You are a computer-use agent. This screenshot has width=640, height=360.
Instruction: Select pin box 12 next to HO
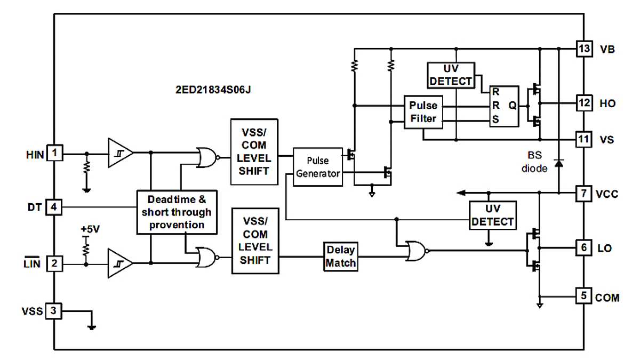pyautogui.click(x=585, y=102)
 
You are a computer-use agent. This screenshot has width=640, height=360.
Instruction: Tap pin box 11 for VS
pyautogui.click(x=585, y=140)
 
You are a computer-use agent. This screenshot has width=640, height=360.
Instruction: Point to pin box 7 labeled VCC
pyautogui.click(x=585, y=194)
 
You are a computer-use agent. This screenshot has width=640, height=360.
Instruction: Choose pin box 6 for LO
pyautogui.click(x=585, y=248)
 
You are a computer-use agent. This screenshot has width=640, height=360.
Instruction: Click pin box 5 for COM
pyautogui.click(x=585, y=296)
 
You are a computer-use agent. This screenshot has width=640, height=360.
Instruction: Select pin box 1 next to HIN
pyautogui.click(x=54, y=154)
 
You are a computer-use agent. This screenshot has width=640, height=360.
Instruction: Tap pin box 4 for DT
pyautogui.click(x=54, y=206)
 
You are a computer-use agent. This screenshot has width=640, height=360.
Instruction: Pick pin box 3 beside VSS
pyautogui.click(x=54, y=310)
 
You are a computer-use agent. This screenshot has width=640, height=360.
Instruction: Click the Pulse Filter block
pyautogui.click(x=423, y=113)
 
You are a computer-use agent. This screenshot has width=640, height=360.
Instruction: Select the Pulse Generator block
pyautogui.click(x=317, y=167)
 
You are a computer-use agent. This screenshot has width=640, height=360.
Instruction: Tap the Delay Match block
pyautogui.click(x=341, y=257)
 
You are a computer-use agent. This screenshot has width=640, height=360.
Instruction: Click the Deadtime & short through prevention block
pyautogui.click(x=177, y=212)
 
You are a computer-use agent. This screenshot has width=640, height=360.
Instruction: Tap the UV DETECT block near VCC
pyautogui.click(x=493, y=215)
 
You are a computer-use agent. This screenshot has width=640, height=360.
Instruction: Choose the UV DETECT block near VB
pyautogui.click(x=451, y=75)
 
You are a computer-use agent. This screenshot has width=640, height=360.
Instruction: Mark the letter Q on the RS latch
pyautogui.click(x=513, y=106)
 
